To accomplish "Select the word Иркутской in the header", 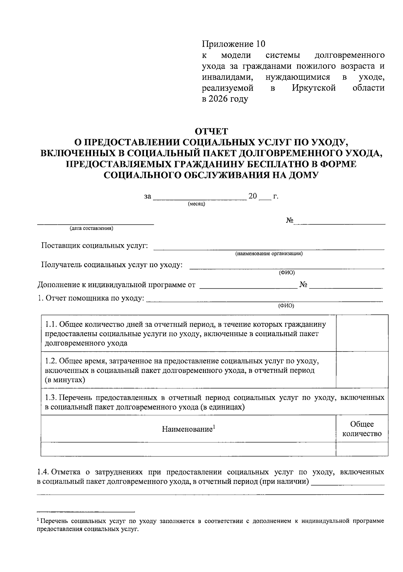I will [x=314, y=88].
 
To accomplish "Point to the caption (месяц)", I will [x=196, y=204].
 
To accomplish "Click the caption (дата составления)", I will [x=91, y=229].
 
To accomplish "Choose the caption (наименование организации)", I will [x=269, y=254].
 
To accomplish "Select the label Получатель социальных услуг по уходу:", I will [x=112, y=265].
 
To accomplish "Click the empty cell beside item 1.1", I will [x=362, y=333].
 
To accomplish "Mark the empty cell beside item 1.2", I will [x=362, y=370].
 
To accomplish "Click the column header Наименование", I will [x=188, y=429].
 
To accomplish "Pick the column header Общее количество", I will [x=362, y=429].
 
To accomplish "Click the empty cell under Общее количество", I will [x=362, y=449].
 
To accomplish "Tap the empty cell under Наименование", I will [x=188, y=449].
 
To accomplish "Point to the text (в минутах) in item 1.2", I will [x=65, y=380].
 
